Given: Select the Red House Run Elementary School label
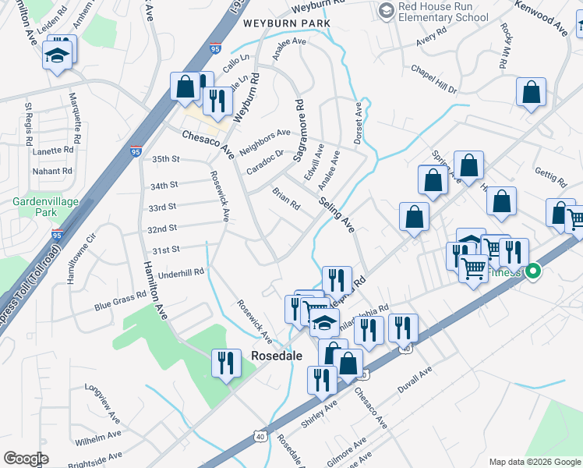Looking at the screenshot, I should [443, 11].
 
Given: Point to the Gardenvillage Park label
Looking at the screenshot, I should [46, 207].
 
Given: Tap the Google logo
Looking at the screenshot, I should [26, 459].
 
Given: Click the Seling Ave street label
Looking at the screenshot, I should [337, 213].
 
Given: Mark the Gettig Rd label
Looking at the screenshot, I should [550, 177].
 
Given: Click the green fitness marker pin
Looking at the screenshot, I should [533, 271].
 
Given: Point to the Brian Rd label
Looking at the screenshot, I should [286, 198].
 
